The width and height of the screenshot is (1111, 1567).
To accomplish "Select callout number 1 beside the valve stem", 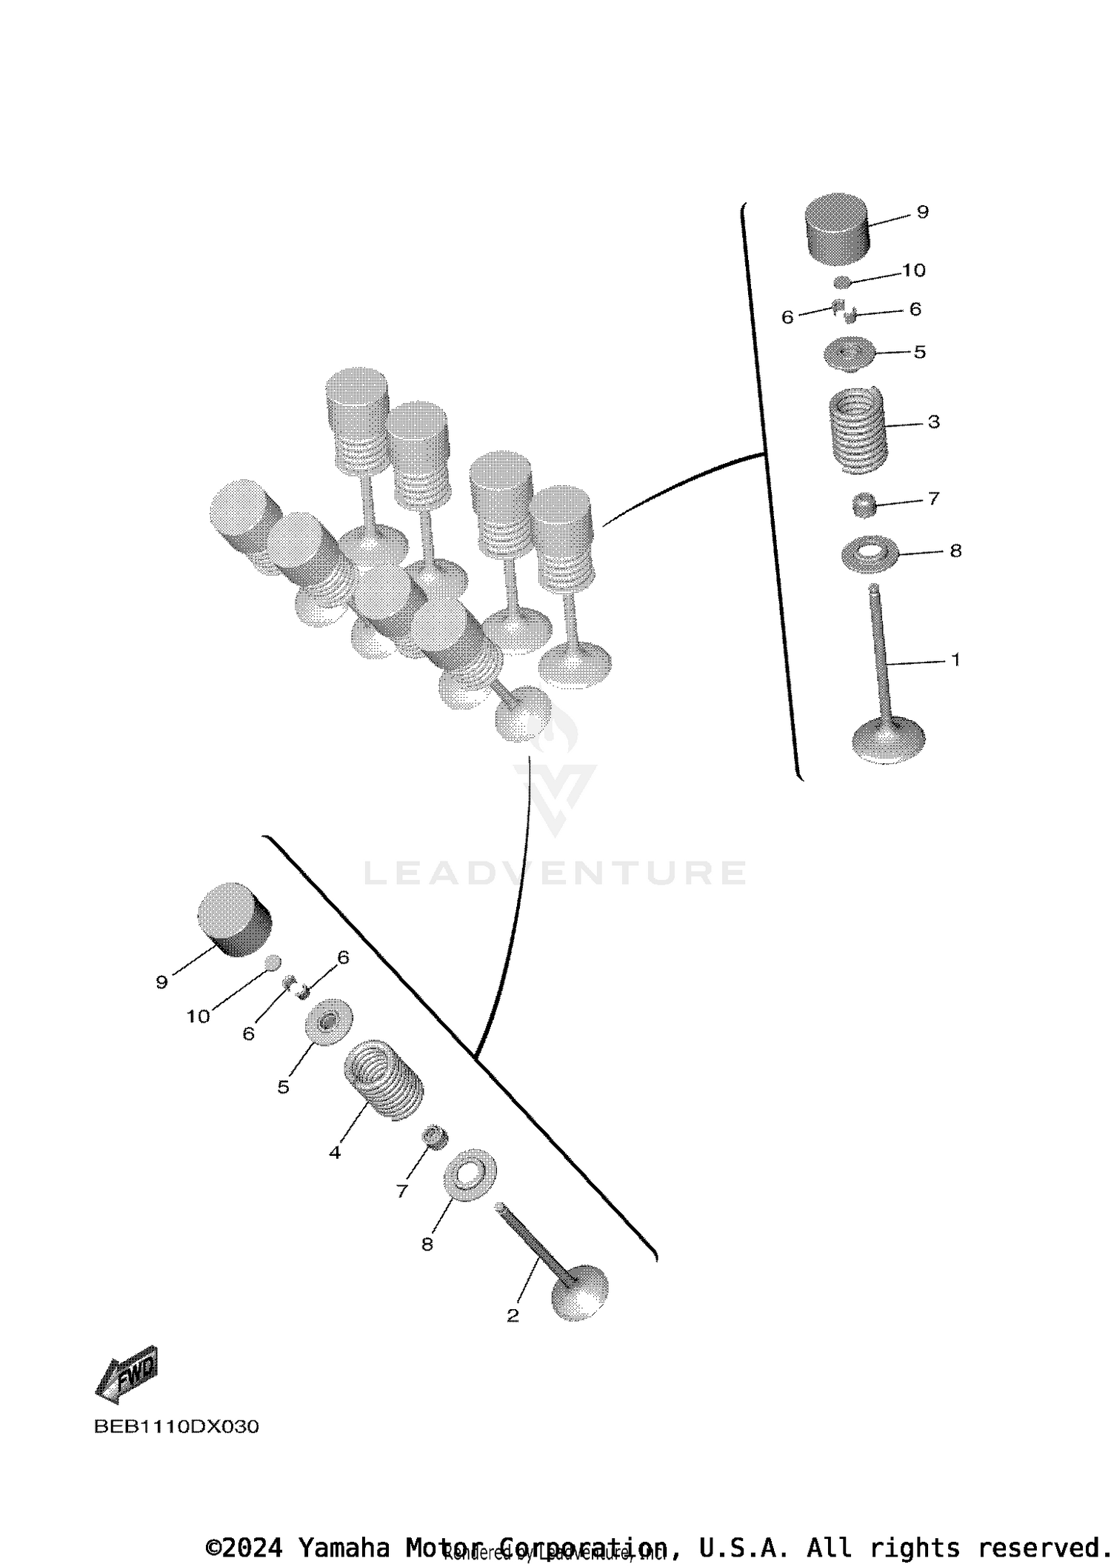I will [955, 659].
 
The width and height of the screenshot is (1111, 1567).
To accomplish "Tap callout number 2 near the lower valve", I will [513, 1316].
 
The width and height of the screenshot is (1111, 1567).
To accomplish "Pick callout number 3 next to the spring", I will [933, 422].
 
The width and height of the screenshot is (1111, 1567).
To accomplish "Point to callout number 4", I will [335, 1153].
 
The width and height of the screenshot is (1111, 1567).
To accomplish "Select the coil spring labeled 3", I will [858, 431].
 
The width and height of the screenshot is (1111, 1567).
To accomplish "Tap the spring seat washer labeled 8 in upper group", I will [870, 552].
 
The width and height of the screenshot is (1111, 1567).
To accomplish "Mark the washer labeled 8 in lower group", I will [470, 1174].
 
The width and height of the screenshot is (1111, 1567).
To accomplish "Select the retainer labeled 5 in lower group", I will [329, 1022].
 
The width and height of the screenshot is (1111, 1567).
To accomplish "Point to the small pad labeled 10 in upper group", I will [842, 282].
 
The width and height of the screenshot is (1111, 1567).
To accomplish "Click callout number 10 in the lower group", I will [198, 1017].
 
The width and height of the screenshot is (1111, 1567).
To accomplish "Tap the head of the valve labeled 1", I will [888, 739].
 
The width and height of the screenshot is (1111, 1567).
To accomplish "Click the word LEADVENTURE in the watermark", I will [555, 873].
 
